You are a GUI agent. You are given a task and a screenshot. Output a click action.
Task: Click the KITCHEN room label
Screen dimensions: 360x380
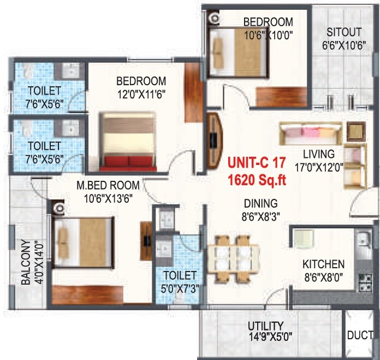pyautogui.click(x=323, y=264)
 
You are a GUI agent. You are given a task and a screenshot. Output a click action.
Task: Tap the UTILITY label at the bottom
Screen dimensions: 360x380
pyautogui.click(x=268, y=327)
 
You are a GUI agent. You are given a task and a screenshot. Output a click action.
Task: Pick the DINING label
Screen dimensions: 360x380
pyautogui.click(x=260, y=203)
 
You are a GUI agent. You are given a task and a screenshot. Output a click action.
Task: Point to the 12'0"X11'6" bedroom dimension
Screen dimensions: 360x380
pyautogui.click(x=141, y=93)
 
